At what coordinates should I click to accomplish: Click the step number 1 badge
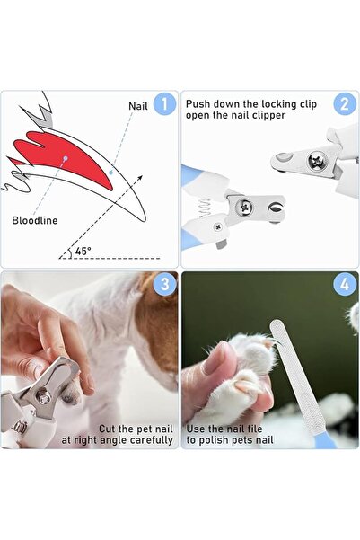coord(164,105)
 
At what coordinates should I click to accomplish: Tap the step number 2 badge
coord(345,104)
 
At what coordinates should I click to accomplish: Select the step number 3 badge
coord(164,286)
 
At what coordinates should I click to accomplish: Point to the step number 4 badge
coord(345,286)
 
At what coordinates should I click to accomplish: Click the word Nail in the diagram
coord(138,106)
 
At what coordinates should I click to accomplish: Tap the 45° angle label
coord(83,252)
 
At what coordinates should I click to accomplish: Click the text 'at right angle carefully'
coord(118,440)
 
